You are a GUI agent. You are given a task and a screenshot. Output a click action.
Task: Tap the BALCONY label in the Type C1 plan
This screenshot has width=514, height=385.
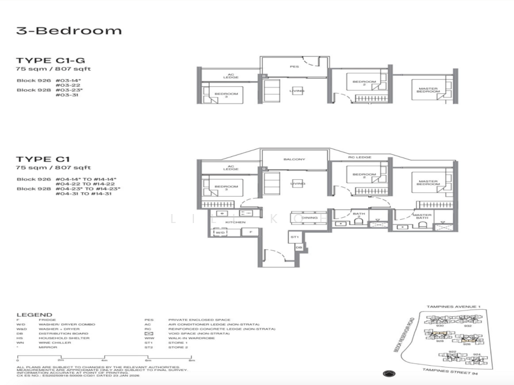pos(294,159)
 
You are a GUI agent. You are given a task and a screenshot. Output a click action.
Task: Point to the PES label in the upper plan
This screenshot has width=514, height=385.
pos(294,66)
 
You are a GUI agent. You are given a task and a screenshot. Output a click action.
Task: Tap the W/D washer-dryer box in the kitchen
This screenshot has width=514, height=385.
pos(220,233)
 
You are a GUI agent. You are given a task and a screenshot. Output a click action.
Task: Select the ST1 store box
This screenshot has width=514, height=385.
pos(295,237)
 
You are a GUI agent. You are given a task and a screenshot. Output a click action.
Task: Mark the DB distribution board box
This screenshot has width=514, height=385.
pos(299,247)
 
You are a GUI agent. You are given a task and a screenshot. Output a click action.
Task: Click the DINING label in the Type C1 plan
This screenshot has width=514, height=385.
pos(309,218)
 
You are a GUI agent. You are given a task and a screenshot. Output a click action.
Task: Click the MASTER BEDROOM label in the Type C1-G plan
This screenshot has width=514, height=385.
pos(429,91)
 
